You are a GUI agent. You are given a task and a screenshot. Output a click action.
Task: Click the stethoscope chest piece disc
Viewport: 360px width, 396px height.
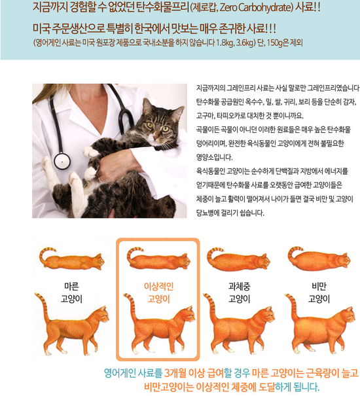(62, 161)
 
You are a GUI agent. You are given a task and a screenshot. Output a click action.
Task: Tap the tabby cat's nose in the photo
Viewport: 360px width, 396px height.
(156, 138)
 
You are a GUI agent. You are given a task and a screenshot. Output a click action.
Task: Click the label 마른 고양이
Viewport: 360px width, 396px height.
(71, 293)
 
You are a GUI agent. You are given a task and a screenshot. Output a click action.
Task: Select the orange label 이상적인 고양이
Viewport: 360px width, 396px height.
(158, 293)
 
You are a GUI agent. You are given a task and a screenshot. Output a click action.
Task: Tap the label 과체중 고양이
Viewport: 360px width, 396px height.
(240, 293)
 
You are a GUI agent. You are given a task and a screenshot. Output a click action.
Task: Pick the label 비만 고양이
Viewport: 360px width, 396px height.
(319, 293)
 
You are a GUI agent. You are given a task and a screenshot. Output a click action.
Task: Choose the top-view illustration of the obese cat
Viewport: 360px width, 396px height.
(319, 259)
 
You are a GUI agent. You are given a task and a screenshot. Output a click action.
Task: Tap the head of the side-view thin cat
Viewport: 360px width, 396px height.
(102, 314)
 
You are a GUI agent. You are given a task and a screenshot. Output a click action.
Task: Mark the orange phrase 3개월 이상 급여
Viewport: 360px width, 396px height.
(194, 373)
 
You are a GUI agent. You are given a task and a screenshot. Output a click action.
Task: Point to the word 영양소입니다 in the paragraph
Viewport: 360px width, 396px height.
(215, 158)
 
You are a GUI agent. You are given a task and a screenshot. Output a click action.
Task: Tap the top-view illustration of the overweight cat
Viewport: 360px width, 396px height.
(239, 259)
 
